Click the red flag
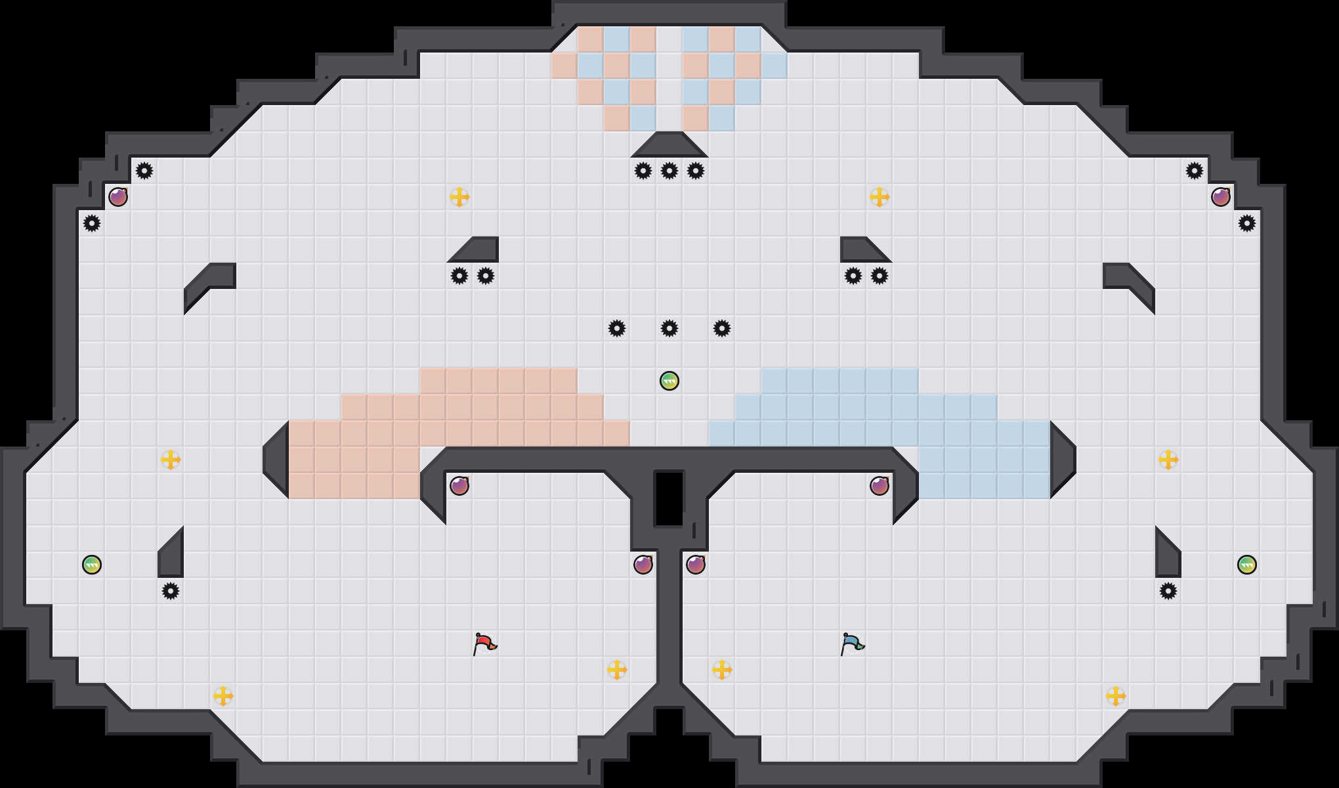pos(484,644)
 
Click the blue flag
pos(852,644)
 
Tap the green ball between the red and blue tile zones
pos(669,381)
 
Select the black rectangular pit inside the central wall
pos(669,498)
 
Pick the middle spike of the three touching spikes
pos(669,171)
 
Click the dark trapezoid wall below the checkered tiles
pos(669,145)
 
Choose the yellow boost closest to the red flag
pos(617,670)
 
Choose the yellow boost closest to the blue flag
pos(722,670)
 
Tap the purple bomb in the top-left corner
pos(118,197)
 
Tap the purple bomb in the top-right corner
pos(1221,197)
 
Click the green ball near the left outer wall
pos(92,565)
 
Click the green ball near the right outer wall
pos(1247,565)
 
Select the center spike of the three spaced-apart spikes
pos(669,328)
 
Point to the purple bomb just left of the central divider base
pos(643,565)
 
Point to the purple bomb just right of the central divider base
pos(696,565)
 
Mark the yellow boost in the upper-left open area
pos(459,197)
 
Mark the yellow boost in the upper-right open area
pos(880,197)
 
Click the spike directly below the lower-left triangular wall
pos(171,591)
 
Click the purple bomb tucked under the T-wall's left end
pos(459,486)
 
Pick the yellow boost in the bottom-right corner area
pos(1116,696)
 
